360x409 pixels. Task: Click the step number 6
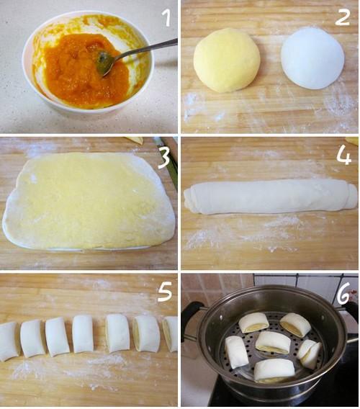(x=342, y=292)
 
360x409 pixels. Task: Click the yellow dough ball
(x=227, y=60)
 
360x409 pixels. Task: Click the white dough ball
(x=312, y=58)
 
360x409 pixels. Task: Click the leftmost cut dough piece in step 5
(x=9, y=341)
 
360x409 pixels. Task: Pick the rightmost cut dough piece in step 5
(x=171, y=333)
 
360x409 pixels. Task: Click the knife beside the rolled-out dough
(x=171, y=162)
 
